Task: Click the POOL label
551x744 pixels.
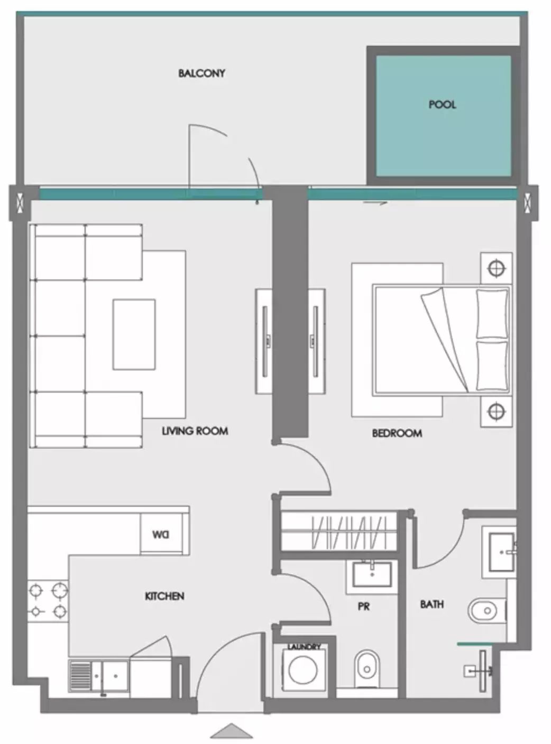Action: pos(442,105)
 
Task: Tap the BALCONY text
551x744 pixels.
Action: pos(201,73)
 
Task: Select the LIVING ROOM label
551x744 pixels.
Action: pos(195,431)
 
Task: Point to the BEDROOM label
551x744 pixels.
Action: pos(397,433)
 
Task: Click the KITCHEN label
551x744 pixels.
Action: pos(164,596)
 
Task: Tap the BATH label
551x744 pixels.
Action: pos(431,604)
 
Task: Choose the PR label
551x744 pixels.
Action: pos(363,606)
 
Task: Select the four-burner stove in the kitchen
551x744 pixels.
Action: pos(48,600)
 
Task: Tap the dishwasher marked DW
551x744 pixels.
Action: pos(161,535)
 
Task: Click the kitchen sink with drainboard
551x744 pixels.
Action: pos(98,675)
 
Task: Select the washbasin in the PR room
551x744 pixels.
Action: pos(372,574)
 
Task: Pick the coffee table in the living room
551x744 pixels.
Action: pos(134,334)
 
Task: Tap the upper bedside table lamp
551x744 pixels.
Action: pos(495,268)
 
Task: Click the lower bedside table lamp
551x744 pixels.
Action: pos(495,411)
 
